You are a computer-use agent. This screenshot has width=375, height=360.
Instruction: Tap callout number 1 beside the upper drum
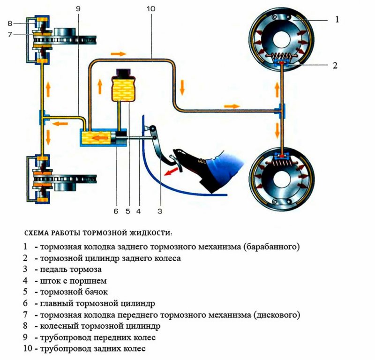(x=337, y=20)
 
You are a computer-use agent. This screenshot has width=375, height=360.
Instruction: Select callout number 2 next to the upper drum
(x=335, y=65)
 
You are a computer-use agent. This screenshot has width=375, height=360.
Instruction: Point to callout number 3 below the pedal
(x=159, y=211)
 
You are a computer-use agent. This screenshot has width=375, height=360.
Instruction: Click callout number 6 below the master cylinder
(x=115, y=211)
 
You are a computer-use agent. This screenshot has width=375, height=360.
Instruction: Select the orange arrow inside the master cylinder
(x=98, y=138)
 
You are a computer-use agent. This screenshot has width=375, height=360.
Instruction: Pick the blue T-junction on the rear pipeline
(x=280, y=111)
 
